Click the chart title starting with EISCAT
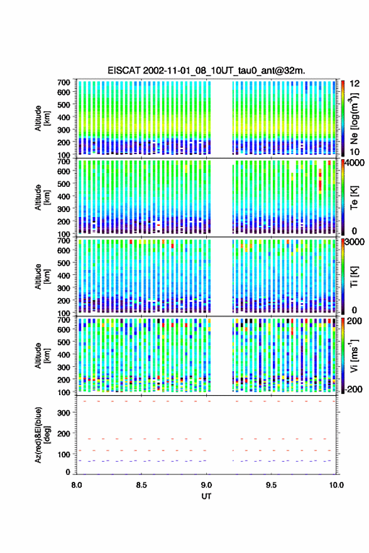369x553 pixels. click(x=206, y=70)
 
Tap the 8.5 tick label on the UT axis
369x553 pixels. click(x=141, y=485)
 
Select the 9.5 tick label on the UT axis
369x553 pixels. click(x=271, y=485)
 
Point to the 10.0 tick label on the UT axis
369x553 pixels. click(x=336, y=485)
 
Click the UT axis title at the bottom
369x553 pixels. click(x=206, y=496)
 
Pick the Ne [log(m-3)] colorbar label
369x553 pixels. click(x=354, y=118)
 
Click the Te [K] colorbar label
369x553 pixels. click(x=354, y=198)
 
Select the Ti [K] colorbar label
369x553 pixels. click(x=354, y=277)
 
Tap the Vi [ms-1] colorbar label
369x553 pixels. click(x=354, y=355)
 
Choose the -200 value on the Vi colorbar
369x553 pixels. click(x=354, y=389)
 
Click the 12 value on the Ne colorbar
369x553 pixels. click(x=355, y=84)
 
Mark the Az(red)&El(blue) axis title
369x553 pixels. click(x=42, y=435)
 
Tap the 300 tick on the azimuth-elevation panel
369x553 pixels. click(x=63, y=413)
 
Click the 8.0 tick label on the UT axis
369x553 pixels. click(x=77, y=485)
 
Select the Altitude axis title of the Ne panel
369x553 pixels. click(x=42, y=118)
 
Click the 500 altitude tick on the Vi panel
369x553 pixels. click(x=63, y=342)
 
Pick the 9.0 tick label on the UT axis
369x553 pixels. click(x=206, y=485)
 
